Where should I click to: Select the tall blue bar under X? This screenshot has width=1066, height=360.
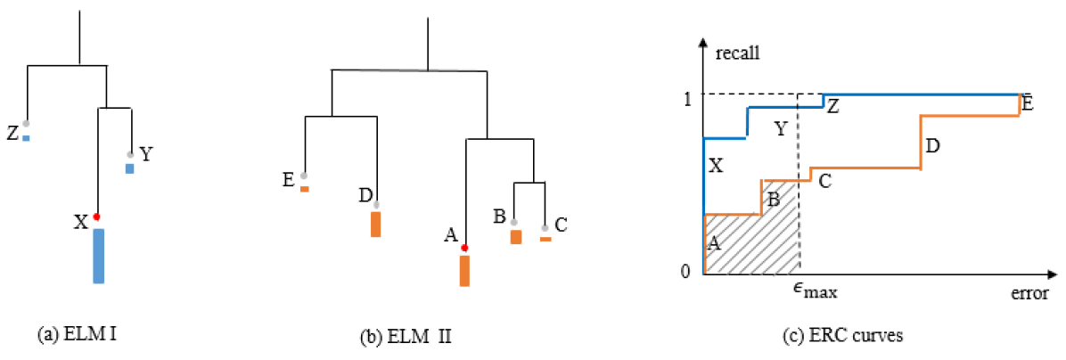[x=98, y=256]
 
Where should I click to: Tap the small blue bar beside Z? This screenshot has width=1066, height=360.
[x=27, y=138]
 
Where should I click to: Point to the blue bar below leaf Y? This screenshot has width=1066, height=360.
[x=129, y=168]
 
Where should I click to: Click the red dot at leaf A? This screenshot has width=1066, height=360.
[x=464, y=248]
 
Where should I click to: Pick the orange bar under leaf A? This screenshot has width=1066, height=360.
[x=464, y=271]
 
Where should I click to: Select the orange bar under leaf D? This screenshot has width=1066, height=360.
[x=376, y=224]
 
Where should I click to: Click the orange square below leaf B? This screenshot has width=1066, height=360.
[x=515, y=237]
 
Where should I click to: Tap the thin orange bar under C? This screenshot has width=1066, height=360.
[x=545, y=239]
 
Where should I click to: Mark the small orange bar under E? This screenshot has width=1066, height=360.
[x=305, y=189]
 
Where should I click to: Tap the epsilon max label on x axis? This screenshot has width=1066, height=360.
[x=815, y=290]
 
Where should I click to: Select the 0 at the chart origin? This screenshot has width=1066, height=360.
[x=685, y=271]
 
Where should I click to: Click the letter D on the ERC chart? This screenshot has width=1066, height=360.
[x=933, y=144]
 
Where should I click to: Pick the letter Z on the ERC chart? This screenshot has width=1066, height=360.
[x=832, y=106]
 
